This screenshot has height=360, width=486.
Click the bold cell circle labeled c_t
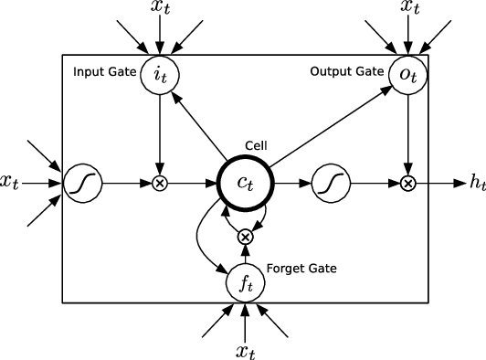point(245,183)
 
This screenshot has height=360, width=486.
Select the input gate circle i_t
point(160,77)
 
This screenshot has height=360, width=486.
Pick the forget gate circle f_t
point(245,284)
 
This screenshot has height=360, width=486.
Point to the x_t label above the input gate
point(160,10)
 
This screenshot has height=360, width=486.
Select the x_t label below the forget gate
point(245,349)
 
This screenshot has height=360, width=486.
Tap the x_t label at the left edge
point(11,183)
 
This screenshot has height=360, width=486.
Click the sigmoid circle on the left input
point(79,183)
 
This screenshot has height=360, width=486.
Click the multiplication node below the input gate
point(160,183)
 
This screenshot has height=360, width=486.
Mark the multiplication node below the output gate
point(407,183)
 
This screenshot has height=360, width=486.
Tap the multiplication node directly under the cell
point(245,237)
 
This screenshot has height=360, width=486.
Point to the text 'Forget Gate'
point(301,269)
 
